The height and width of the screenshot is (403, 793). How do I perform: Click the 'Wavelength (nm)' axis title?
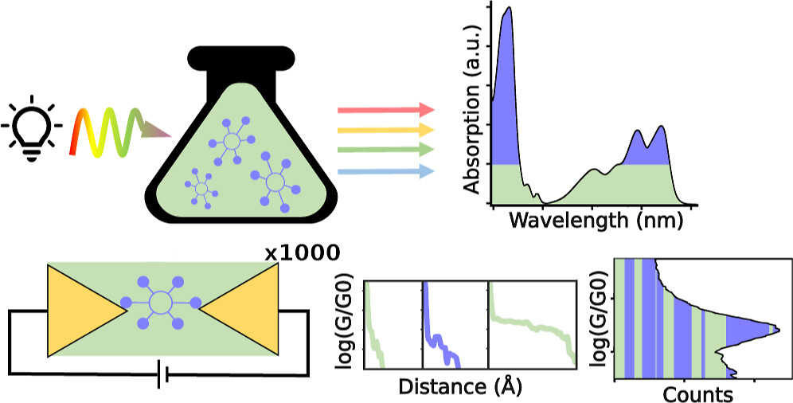tap(596, 221)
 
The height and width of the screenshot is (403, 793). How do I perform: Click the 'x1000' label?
tap(302, 253)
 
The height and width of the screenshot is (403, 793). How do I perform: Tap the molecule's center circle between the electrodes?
tap(159, 303)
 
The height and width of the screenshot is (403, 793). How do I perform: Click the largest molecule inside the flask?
tap(275, 182)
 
